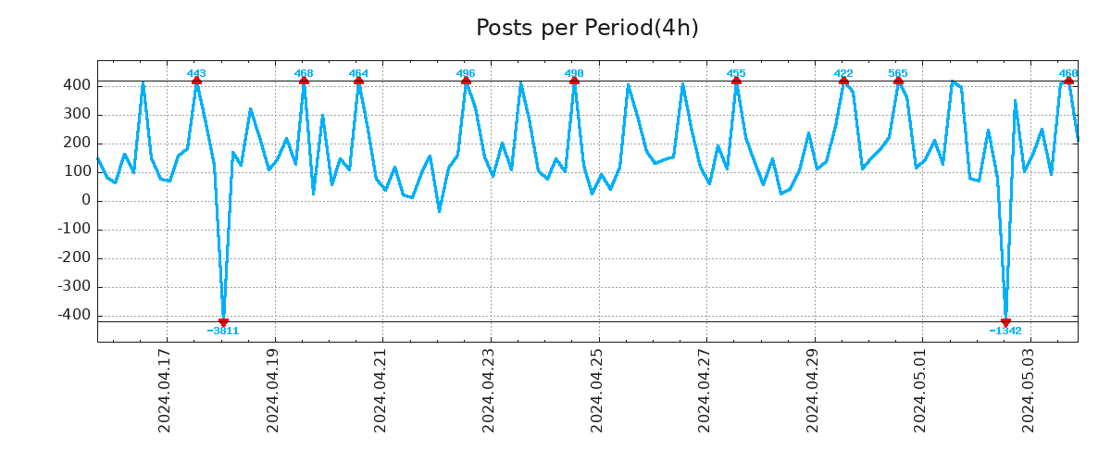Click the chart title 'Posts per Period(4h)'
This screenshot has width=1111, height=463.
click(x=587, y=28)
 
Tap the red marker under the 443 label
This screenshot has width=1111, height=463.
click(x=196, y=81)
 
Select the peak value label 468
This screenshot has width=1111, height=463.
click(x=304, y=73)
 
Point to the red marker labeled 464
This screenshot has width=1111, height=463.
click(x=358, y=81)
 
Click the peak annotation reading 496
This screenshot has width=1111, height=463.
click(x=466, y=73)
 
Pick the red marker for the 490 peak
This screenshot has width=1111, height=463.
click(x=574, y=81)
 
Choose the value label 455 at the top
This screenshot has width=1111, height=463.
click(x=736, y=73)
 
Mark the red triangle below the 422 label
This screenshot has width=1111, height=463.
click(x=843, y=81)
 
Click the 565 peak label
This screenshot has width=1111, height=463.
click(x=898, y=73)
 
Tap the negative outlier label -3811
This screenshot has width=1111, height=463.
click(x=223, y=331)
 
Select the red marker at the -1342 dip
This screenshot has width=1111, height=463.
click(x=1005, y=322)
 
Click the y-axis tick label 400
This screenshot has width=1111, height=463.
click(x=78, y=85)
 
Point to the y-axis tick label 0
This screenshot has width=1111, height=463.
click(x=86, y=200)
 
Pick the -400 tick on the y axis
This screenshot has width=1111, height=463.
click(x=74, y=315)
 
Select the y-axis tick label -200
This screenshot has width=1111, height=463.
click(x=74, y=257)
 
